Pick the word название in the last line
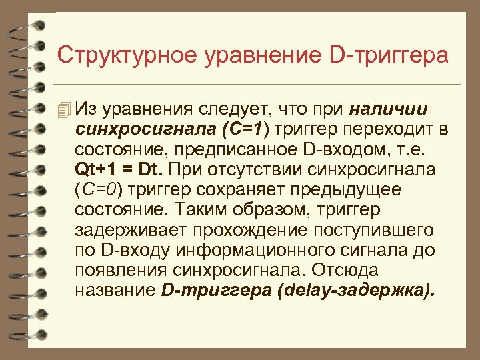coord(115,291)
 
